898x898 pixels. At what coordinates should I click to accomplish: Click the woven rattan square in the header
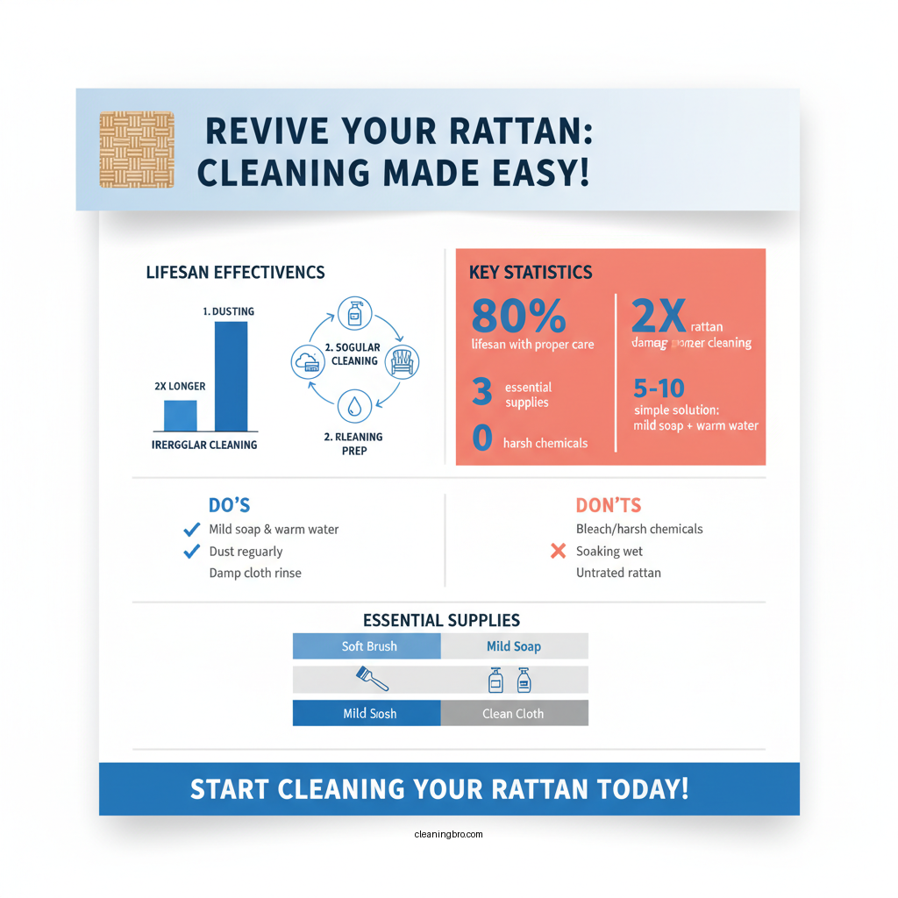[x=137, y=149]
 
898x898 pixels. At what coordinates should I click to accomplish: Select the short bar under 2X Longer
[x=181, y=415]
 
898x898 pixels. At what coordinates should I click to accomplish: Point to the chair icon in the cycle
[x=403, y=360]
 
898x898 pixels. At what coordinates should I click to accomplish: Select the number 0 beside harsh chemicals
[x=481, y=437]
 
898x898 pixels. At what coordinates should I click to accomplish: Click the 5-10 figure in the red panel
[x=659, y=388]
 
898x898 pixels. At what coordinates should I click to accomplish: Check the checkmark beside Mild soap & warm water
[x=191, y=530]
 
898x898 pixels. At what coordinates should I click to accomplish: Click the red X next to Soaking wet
[x=557, y=552]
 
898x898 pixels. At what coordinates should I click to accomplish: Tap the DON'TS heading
[x=608, y=505]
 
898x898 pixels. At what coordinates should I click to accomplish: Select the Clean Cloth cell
[x=513, y=713]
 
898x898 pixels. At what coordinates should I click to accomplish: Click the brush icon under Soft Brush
[x=372, y=679]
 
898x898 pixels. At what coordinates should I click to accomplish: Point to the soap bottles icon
[x=509, y=679]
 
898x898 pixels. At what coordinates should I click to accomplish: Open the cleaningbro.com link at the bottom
[x=448, y=834]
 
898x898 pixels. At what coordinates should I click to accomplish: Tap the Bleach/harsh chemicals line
[x=639, y=529]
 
